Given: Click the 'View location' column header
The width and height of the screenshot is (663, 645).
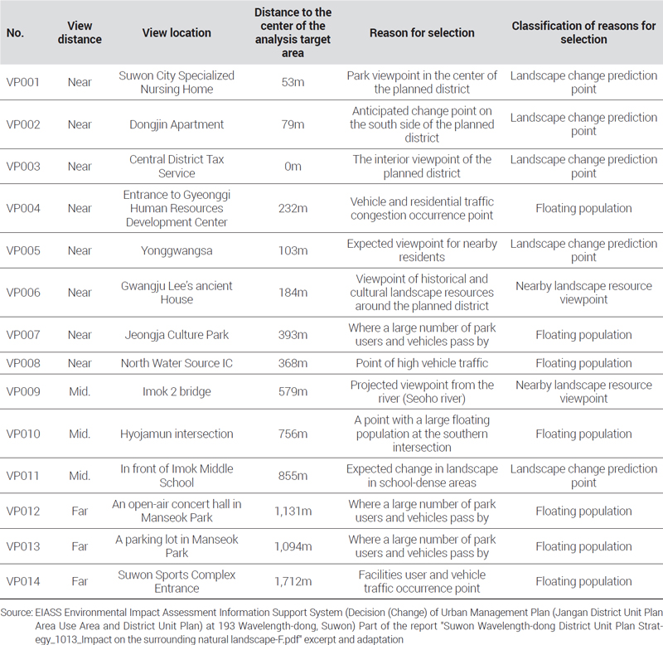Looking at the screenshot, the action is click(177, 32).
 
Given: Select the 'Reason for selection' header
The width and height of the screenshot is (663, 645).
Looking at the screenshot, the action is click(422, 32).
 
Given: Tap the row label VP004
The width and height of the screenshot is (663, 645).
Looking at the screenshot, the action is click(23, 208).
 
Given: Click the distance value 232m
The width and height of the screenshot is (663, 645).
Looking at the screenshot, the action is click(293, 208).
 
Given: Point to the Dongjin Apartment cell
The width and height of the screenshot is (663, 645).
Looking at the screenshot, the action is click(177, 124).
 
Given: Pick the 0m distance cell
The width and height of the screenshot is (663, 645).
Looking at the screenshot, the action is click(293, 166).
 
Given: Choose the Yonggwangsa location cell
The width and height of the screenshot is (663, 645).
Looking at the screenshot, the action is click(177, 250).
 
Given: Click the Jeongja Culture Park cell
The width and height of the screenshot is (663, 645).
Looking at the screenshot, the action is click(177, 335).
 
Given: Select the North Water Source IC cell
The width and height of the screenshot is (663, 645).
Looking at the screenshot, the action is click(177, 363).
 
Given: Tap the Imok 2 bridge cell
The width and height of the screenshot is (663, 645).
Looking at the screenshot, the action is click(177, 391).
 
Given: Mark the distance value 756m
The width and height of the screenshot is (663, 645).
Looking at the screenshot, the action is click(293, 434).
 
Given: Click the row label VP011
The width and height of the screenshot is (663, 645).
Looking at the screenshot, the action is click(23, 475).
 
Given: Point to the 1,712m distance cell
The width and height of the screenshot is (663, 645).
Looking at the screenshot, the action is click(293, 581).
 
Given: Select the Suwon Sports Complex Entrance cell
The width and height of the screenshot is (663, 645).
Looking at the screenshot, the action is click(177, 581).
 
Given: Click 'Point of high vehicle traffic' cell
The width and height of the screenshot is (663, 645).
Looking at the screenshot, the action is click(422, 363).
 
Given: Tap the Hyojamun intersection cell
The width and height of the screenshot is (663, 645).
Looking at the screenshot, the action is click(177, 434).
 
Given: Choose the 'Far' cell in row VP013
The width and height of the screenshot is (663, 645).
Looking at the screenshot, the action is click(80, 546).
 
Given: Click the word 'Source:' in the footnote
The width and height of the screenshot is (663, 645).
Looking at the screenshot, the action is click(17, 612).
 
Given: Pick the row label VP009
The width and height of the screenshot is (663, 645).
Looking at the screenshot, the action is click(23, 391).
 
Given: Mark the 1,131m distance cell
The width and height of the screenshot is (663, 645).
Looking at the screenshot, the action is click(293, 511).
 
